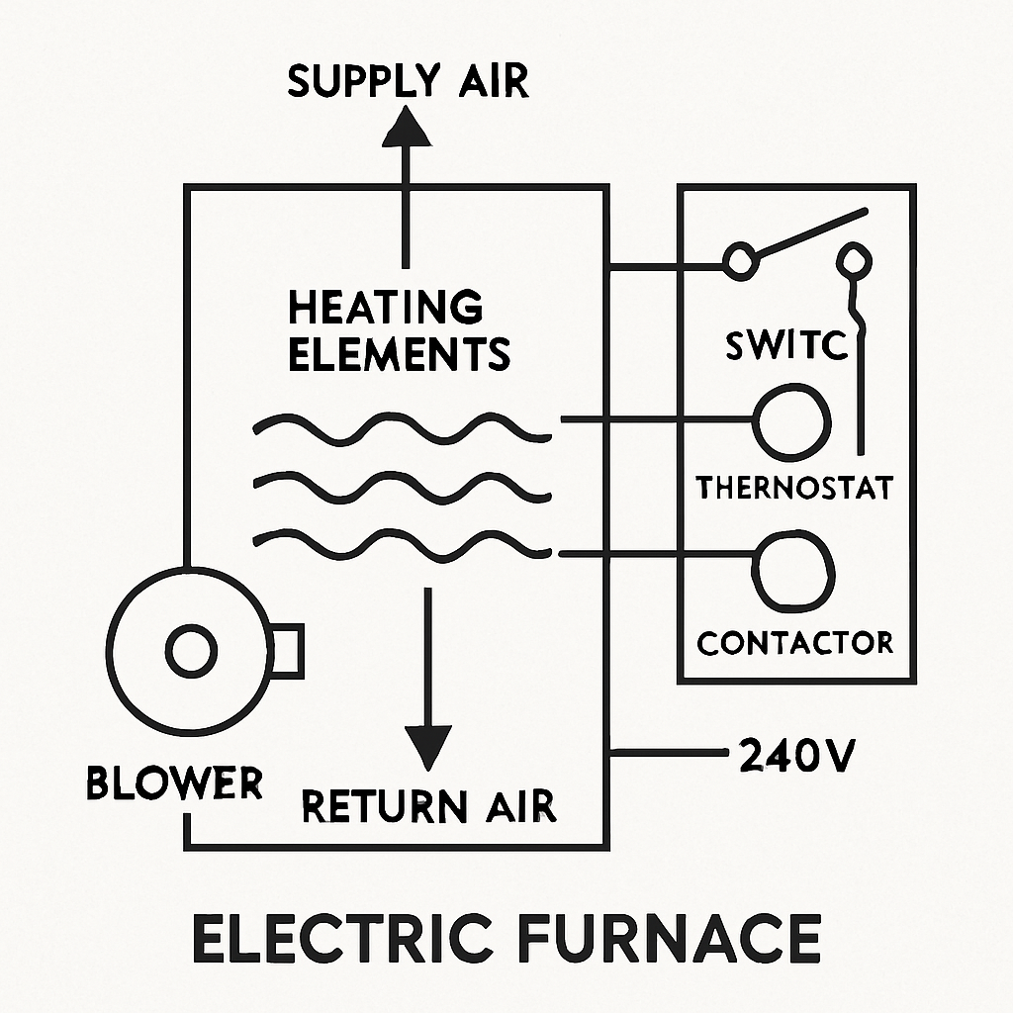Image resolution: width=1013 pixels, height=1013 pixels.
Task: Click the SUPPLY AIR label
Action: pos(409,82)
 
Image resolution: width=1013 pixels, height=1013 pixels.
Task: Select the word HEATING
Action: pos(386,308)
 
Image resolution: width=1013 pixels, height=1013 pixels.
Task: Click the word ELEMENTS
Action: pos(399,353)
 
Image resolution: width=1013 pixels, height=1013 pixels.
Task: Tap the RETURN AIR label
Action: pos(428,806)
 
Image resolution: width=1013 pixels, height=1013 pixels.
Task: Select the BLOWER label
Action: pos(174,783)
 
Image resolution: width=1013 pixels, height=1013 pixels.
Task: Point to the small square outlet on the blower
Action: pos(287,651)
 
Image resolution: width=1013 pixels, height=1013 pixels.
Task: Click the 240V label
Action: pos(796,758)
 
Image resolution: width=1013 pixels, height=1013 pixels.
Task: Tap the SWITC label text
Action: pos(786,346)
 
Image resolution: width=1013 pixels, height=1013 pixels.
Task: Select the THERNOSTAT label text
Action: pos(794,487)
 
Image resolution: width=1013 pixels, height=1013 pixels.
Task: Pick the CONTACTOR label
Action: pos(794,642)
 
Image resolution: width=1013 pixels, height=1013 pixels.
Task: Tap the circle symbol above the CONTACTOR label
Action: pos(795,571)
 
